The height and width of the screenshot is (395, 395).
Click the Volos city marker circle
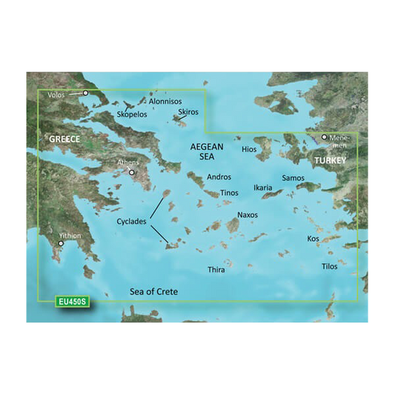pos(85,93)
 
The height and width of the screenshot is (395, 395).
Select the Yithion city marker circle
pos(61,242)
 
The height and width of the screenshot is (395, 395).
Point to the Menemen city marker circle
pos(324,137)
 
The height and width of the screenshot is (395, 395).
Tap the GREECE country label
pos(64,139)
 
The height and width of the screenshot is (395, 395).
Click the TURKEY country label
pos(330,160)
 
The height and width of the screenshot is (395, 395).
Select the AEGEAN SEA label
pos(208,153)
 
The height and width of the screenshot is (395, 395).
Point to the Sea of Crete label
pos(153,291)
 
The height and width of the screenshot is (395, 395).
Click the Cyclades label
pos(132,222)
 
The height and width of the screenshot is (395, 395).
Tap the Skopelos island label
pos(132,115)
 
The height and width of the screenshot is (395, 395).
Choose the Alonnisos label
pos(165,101)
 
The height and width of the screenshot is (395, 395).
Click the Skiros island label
pos(188,112)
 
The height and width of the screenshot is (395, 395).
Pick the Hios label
pos(249,150)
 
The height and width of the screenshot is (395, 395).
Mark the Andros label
pos(219,177)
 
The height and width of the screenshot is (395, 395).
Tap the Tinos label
pos(230,193)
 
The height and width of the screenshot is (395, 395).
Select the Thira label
pos(215,270)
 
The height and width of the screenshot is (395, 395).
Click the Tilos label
pos(329,266)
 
